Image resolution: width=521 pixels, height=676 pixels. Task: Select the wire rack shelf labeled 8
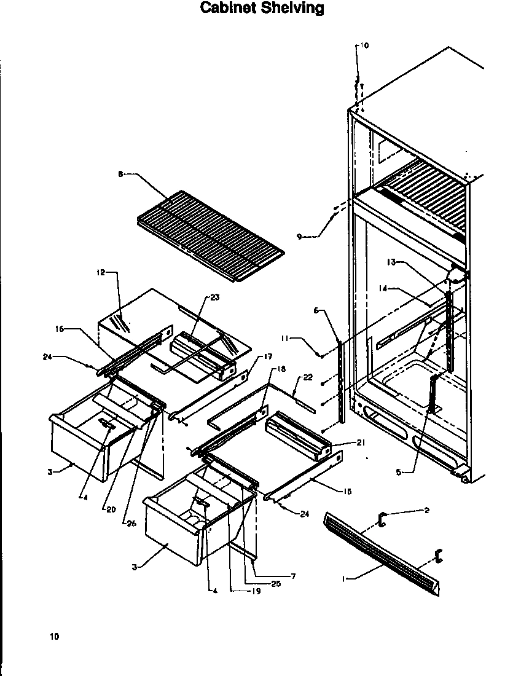pyautogui.click(x=209, y=234)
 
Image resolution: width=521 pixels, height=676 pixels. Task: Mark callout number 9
pyautogui.click(x=299, y=237)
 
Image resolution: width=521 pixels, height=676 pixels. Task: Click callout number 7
pyautogui.click(x=293, y=576)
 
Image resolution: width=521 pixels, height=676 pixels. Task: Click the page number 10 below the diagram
pyautogui.click(x=55, y=637)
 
